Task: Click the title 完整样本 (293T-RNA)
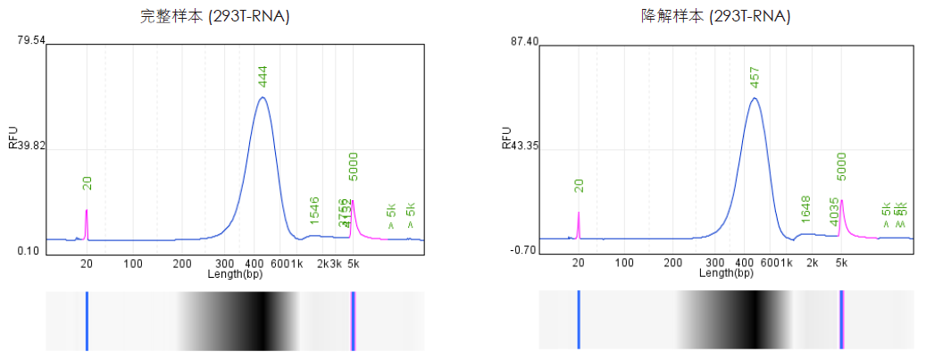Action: click(x=214, y=15)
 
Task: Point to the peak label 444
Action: click(x=263, y=75)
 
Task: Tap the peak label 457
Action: click(x=755, y=77)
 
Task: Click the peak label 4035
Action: click(x=834, y=211)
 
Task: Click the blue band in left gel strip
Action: click(x=87, y=320)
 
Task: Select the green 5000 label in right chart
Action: click(x=841, y=168)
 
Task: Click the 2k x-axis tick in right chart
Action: click(x=813, y=264)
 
